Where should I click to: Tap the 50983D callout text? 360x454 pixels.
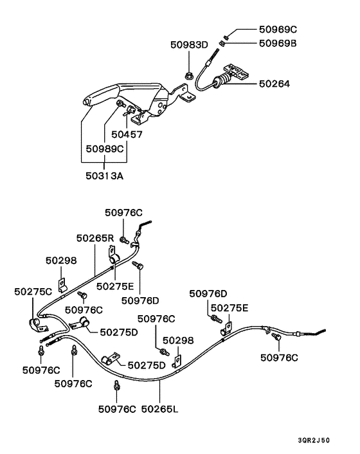pos(190,44)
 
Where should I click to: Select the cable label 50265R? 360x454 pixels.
pos(94,238)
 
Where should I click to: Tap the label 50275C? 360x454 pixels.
pos(33,291)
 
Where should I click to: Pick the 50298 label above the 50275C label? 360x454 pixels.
pos(61,260)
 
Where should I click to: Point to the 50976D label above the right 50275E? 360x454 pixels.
pos(208,294)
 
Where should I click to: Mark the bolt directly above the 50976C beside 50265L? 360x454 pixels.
pos(117,385)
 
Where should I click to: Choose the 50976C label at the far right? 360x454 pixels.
pos(280,358)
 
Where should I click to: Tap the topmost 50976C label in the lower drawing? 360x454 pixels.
pos(124,213)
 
